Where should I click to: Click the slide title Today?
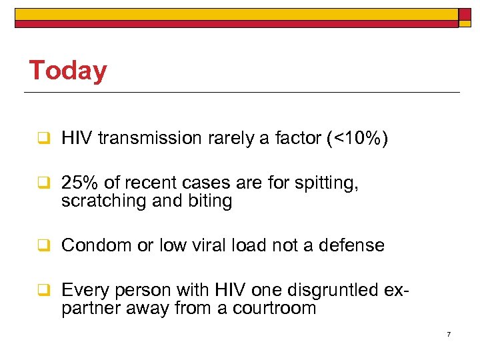(67, 71)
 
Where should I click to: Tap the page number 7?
(449, 333)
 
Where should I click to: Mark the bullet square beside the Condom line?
(41, 245)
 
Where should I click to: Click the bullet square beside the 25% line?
(41, 183)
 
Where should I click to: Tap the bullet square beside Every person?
(41, 290)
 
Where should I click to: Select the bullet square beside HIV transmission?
(41, 139)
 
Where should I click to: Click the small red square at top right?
(464, 14)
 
